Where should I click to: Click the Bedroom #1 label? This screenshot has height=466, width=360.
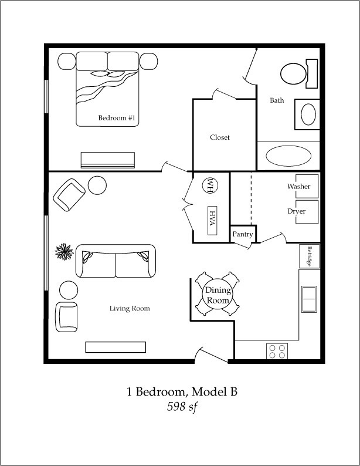click(117, 118)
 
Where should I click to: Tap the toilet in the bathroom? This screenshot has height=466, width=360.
click(299, 74)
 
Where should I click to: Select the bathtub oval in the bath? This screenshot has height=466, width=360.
click(288, 156)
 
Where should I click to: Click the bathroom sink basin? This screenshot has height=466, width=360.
click(308, 114)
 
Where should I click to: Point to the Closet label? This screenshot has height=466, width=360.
click(220, 137)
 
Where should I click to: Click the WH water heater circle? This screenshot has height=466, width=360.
click(210, 185)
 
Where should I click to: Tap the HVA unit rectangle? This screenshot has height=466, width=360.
click(212, 220)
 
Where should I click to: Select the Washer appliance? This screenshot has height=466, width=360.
click(307, 186)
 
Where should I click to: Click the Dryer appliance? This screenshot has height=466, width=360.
click(307, 212)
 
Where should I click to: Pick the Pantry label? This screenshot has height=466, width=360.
click(243, 234)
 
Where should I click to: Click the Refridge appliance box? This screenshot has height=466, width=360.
click(309, 256)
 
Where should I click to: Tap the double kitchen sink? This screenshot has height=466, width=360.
click(309, 299)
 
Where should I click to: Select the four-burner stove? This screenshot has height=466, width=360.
click(277, 352)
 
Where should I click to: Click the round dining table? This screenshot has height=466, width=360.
click(218, 293)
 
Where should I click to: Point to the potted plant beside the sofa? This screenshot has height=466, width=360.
click(64, 252)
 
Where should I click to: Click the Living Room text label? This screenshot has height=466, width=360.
click(130, 309)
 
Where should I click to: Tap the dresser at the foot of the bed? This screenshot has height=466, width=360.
click(108, 160)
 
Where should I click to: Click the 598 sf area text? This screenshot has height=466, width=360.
click(182, 407)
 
